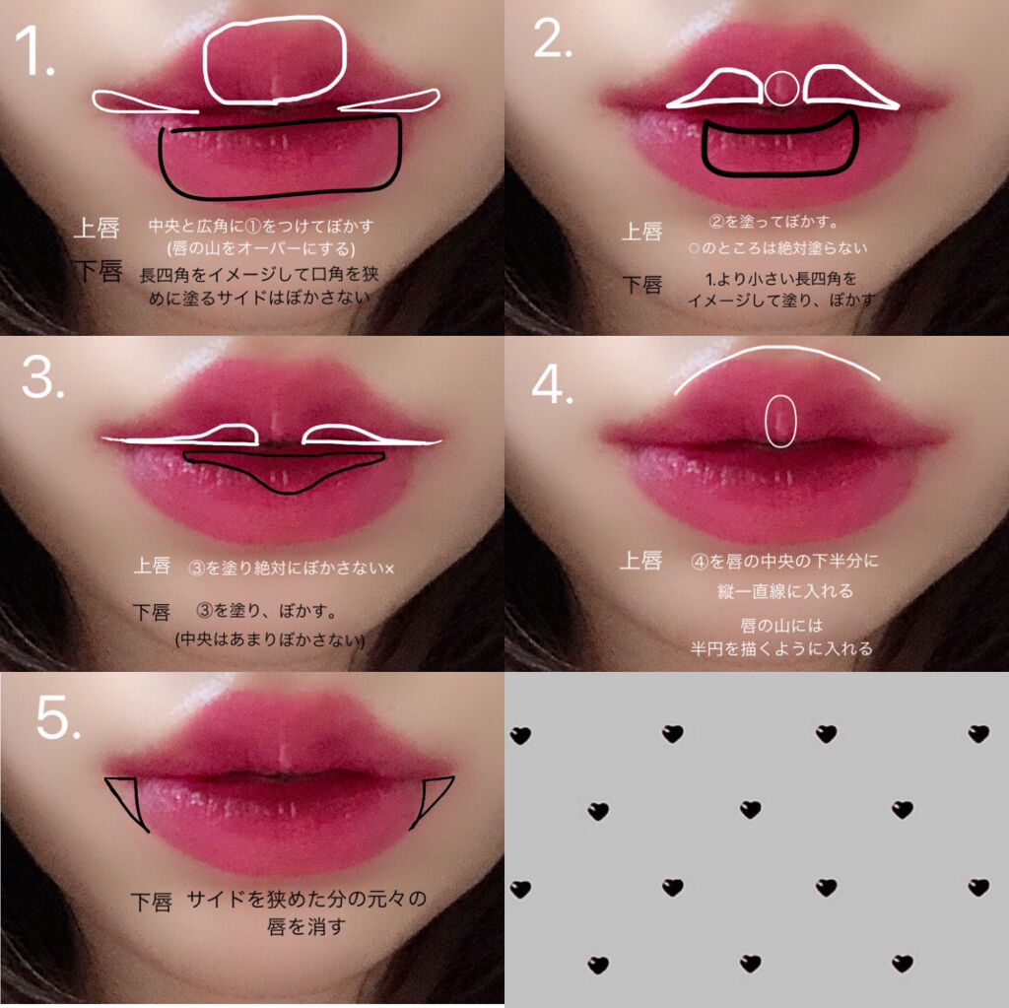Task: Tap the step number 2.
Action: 553,39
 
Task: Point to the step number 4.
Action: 552,386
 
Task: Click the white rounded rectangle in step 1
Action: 274,61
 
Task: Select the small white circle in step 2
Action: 781,88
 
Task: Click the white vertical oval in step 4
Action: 780,421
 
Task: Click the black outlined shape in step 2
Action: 778,149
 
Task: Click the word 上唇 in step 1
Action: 98,230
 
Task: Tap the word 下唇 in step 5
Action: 152,901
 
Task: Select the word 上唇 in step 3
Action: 153,567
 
